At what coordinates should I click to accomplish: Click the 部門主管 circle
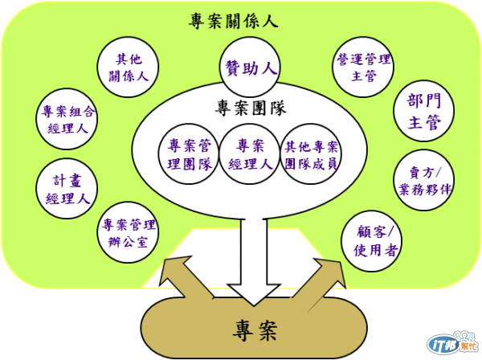[x=423, y=112]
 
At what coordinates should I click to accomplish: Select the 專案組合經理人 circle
[x=67, y=119]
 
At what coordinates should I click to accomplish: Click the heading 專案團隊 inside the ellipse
[x=251, y=108]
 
